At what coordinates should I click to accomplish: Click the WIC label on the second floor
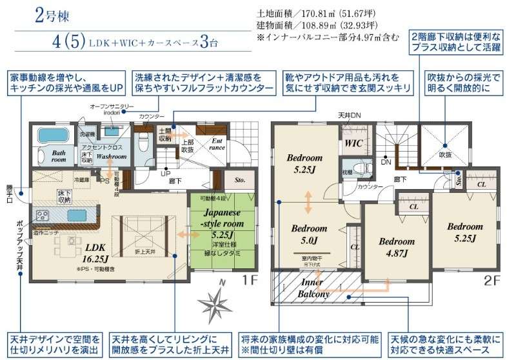pos(353,143)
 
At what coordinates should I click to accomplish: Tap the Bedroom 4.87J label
pos(396,247)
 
